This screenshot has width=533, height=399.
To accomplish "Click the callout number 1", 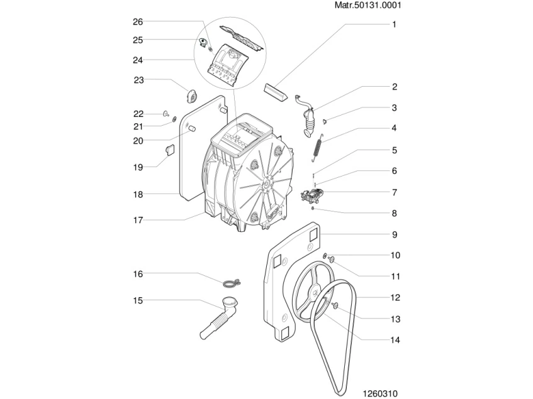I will pyautogui.click(x=394, y=25).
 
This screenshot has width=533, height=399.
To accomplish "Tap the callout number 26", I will pyautogui.click(x=138, y=22).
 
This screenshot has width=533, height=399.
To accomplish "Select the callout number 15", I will pyautogui.click(x=138, y=300).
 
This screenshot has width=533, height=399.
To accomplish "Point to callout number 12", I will pyautogui.click(x=395, y=298).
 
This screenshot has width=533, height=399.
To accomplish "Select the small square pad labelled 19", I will pyautogui.click(x=169, y=149).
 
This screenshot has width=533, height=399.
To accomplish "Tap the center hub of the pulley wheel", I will pyautogui.click(x=313, y=293).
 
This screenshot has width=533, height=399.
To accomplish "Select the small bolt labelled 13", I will pyautogui.click(x=335, y=305).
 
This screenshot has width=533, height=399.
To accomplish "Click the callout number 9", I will pyautogui.click(x=394, y=235).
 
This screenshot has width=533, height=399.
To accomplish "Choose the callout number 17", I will pyautogui.click(x=138, y=220).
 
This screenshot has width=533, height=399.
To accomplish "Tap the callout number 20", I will pyautogui.click(x=138, y=141).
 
